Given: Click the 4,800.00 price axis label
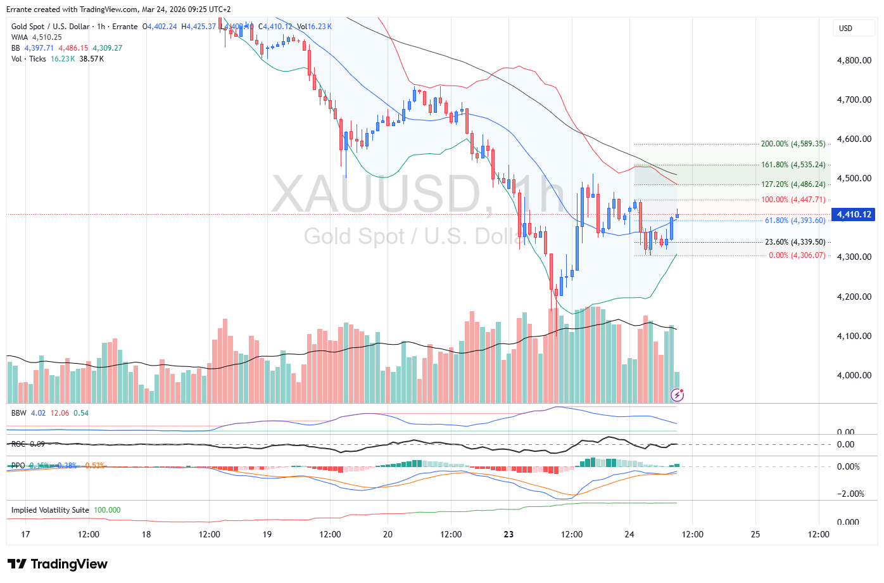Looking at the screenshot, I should click(854, 60).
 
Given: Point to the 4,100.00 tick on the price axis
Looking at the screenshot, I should click(854, 336).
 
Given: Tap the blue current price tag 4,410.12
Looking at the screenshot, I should click(854, 214).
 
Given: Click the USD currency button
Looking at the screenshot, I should click(845, 28).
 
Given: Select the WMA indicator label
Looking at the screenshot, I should click(20, 37).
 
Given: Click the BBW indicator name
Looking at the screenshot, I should click(18, 413).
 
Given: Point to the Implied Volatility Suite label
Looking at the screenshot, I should click(50, 510).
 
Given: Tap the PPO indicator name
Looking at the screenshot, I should click(18, 466).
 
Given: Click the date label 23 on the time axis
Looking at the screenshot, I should click(508, 534).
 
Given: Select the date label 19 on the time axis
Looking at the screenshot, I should click(267, 534).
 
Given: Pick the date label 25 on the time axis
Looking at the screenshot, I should click(755, 534).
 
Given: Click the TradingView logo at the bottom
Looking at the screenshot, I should click(58, 564).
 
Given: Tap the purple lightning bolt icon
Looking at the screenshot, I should click(677, 395).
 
